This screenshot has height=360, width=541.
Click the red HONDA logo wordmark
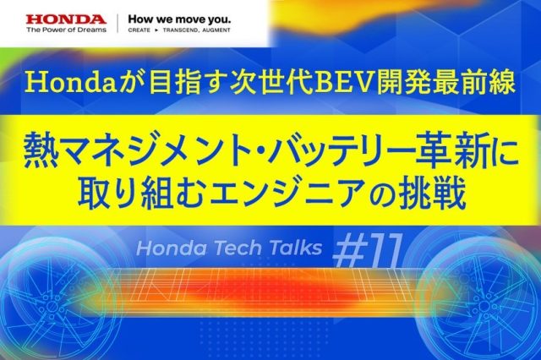66,19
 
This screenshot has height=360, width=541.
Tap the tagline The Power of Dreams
66,30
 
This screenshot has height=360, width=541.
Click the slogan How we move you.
179,19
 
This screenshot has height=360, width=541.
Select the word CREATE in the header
139,30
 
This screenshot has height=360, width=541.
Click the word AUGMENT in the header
216,30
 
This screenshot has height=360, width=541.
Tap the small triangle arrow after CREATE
156,30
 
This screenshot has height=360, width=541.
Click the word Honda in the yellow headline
71,83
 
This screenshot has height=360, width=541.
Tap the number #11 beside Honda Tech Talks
367,250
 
